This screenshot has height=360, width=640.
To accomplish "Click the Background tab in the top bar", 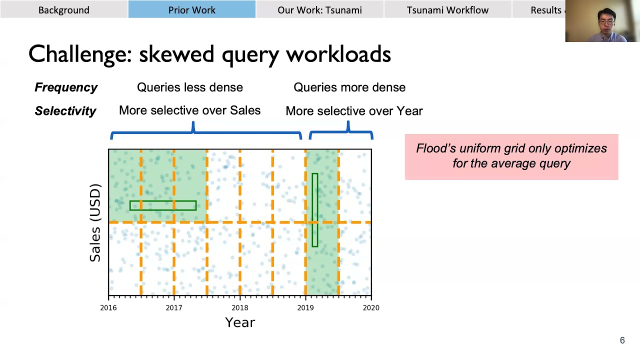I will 64,10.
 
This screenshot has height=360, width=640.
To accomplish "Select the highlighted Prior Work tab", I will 192,10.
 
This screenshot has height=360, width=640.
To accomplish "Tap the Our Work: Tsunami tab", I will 319,10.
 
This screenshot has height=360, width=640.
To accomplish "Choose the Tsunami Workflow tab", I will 447,10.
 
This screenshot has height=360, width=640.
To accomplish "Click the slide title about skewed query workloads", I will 209,54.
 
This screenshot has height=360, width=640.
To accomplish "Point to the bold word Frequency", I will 66,87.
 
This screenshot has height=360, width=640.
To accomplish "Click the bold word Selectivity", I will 65,111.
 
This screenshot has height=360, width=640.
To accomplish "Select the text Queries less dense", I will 190,87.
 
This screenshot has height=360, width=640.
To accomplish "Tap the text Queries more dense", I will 349,87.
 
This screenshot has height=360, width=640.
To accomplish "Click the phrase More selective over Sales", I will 189,110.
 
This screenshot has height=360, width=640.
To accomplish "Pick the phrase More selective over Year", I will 354,111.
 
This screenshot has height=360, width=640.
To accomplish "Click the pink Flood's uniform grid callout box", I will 511,156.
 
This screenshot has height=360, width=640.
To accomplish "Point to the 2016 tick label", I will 108,307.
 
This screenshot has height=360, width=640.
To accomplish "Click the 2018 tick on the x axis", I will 239,307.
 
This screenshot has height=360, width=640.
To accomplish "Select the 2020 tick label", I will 371,307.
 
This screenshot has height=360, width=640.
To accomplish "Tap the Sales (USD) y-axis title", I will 95,222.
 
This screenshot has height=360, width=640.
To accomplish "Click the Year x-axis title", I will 240,322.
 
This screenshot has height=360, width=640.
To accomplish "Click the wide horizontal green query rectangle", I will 163,205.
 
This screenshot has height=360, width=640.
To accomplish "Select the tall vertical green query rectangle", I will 315,210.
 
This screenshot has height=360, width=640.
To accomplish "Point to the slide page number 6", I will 622,340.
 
